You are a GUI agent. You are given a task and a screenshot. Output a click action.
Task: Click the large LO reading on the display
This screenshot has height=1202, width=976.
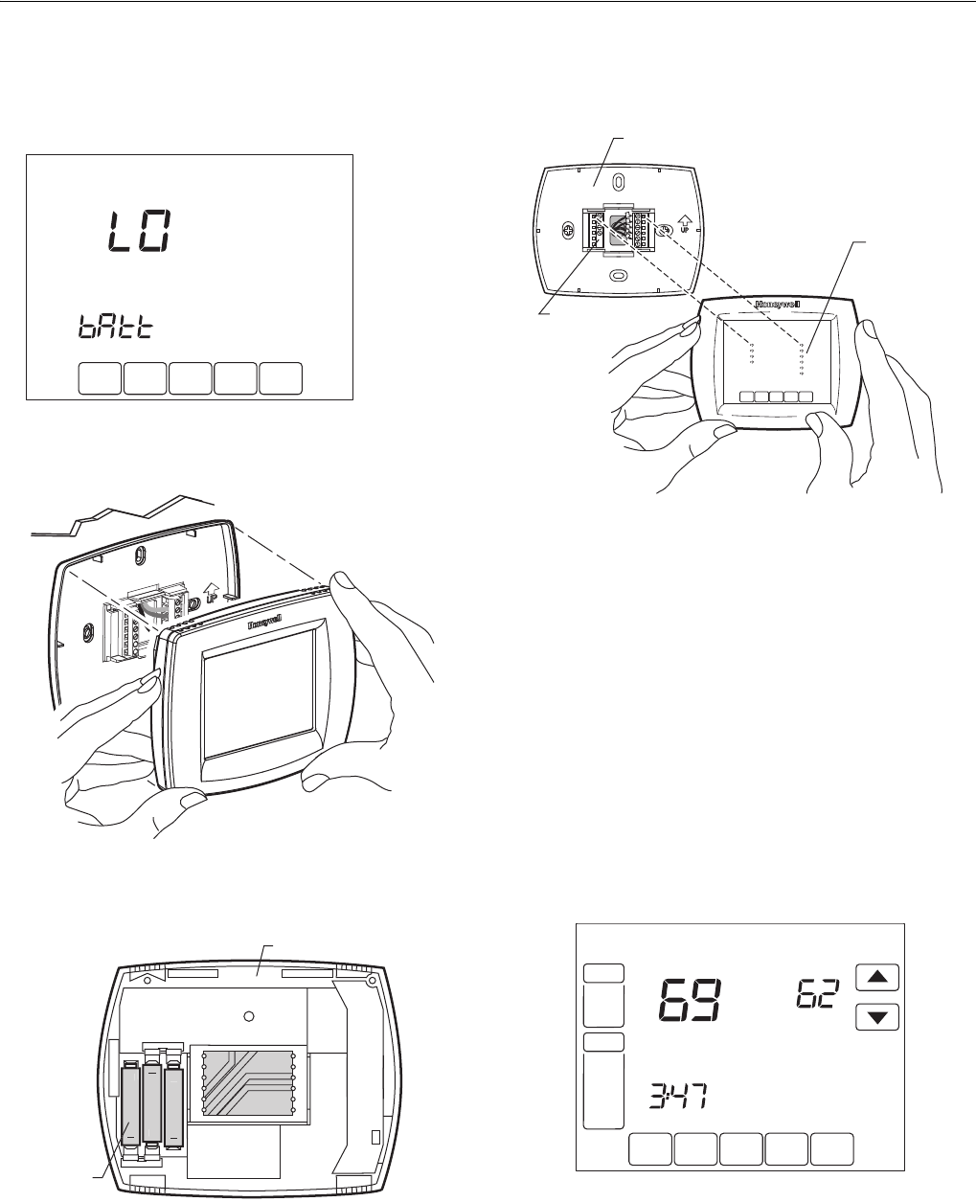point(139,231)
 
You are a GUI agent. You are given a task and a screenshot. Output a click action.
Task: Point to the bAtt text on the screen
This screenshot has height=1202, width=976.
point(116,328)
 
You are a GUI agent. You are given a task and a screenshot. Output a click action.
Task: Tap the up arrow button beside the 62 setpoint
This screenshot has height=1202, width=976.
point(877,977)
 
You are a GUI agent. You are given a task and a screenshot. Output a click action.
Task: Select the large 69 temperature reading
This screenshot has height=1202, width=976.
point(690,1000)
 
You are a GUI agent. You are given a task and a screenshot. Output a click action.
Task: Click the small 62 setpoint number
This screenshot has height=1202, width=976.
point(817,994)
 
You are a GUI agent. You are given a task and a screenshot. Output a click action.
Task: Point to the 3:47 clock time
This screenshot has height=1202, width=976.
point(678,1096)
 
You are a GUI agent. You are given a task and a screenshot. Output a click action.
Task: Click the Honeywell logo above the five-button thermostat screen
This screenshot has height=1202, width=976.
point(778,305)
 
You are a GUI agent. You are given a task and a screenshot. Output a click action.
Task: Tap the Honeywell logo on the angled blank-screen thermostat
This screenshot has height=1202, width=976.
point(264,623)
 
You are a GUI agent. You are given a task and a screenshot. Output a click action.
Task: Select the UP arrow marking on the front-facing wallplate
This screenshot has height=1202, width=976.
point(684,223)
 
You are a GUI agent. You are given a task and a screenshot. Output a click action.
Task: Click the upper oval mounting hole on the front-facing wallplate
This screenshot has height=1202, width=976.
point(619,182)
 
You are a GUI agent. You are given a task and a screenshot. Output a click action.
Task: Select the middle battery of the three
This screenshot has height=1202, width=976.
point(151,1102)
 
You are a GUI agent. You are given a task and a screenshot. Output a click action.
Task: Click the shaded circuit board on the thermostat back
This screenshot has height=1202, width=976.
point(248,1083)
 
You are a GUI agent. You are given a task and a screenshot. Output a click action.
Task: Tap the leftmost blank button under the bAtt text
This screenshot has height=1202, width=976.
point(100,378)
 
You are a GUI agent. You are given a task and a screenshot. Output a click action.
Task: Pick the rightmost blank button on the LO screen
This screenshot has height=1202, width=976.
point(281,378)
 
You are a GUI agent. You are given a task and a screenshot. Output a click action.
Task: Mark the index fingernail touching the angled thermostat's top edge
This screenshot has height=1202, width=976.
point(342,581)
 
